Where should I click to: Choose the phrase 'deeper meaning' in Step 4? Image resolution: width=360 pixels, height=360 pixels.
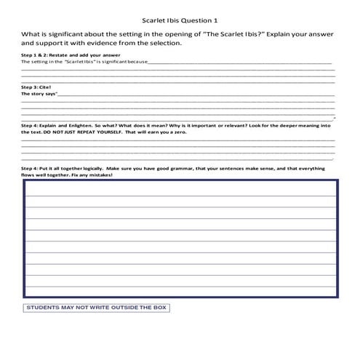pos(301,125)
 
